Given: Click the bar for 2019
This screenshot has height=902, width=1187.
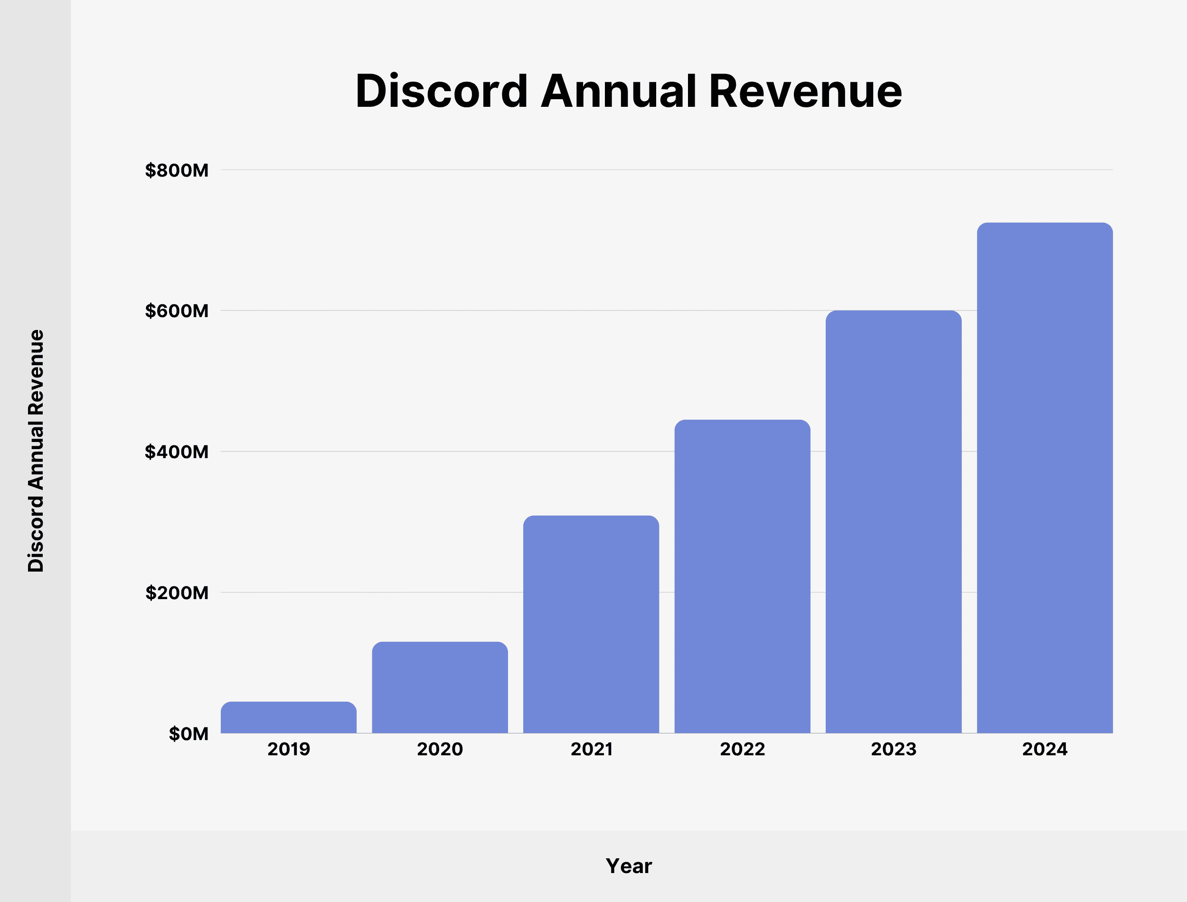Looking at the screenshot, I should click(288, 717).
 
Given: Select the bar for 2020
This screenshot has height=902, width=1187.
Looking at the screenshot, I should click(440, 687).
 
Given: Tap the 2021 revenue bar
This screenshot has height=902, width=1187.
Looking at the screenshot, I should click(591, 624).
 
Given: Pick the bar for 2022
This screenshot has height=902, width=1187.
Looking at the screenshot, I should click(743, 576).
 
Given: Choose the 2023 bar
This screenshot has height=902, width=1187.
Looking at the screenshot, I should click(894, 521).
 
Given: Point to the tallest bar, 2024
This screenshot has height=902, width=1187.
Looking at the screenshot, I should click(1045, 478).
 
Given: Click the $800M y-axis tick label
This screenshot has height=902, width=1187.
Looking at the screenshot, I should click(177, 170).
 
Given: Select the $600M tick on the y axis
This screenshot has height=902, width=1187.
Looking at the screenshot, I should click(177, 311).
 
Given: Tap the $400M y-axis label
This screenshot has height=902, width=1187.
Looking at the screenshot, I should click(177, 451).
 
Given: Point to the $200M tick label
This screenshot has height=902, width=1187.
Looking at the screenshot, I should click(177, 593).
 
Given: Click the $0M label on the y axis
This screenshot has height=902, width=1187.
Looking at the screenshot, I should click(188, 733).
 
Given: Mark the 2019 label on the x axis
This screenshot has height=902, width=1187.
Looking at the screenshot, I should click(288, 749).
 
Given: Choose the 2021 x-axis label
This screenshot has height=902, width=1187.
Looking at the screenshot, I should click(591, 749).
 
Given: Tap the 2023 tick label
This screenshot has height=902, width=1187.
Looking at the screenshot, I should click(894, 749).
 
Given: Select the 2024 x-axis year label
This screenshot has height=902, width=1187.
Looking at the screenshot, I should click(1045, 749).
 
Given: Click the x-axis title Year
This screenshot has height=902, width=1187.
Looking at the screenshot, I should click(629, 866).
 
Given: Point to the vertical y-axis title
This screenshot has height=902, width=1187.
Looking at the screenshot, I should click(36, 451).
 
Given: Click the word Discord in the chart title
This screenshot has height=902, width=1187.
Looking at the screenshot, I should click(441, 91).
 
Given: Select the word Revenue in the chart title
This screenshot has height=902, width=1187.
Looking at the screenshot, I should click(805, 91).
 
